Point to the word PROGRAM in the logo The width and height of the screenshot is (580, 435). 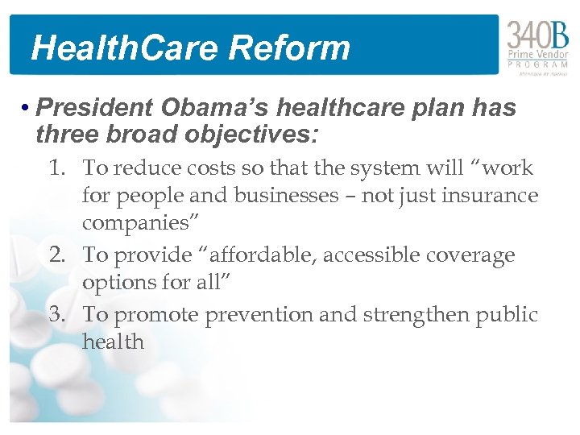click(x=538, y=64)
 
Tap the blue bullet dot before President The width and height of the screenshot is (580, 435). click(x=27, y=108)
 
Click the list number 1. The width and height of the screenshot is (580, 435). click(x=56, y=168)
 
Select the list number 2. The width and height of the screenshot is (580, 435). click(x=56, y=255)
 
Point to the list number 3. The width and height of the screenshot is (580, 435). click(x=56, y=314)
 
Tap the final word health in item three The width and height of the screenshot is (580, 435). click(x=113, y=342)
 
